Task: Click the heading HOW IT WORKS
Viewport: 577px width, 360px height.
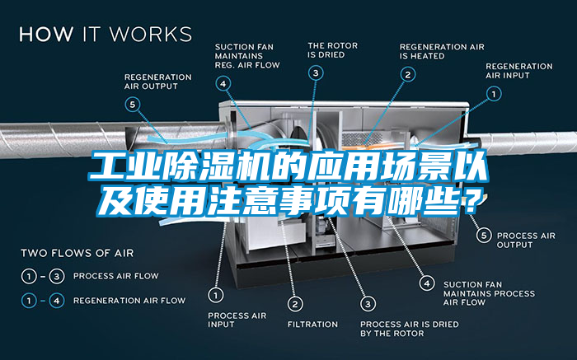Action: [x=106, y=35]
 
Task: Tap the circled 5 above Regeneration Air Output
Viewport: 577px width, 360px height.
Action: [x=134, y=104]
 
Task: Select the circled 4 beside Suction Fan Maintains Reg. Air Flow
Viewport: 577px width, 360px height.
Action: [x=223, y=82]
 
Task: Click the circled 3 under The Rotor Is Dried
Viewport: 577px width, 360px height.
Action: [x=316, y=72]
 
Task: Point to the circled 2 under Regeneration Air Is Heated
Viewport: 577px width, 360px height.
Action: [x=407, y=73]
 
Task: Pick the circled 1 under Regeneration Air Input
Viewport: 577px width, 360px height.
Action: [x=495, y=95]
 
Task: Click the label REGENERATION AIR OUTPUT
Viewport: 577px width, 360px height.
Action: [x=157, y=81]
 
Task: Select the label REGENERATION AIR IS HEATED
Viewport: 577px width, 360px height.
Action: [x=442, y=51]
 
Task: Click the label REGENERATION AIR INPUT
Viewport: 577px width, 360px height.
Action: [x=519, y=71]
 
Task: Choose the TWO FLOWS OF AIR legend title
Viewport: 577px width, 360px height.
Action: [x=77, y=252]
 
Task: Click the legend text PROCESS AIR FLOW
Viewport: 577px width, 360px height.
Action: [x=116, y=275]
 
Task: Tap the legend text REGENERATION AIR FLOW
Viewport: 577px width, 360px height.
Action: [x=129, y=301]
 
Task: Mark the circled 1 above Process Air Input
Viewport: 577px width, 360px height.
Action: [x=215, y=293]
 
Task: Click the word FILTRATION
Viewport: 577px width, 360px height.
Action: [x=312, y=324]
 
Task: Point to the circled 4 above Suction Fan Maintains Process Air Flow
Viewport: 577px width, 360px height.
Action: [x=427, y=283]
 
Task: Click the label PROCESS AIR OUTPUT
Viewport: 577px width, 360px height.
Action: [x=526, y=240]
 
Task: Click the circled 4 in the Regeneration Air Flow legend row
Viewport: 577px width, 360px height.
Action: [x=57, y=301]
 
